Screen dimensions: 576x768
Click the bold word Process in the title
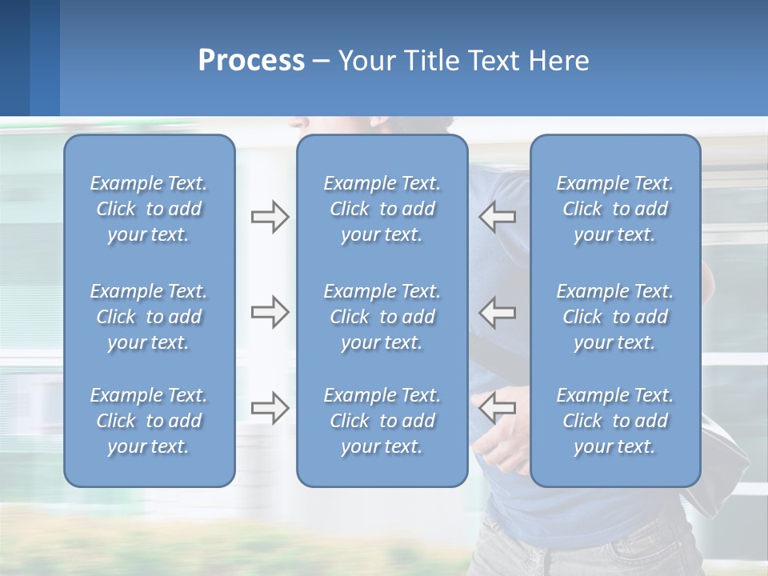coord(251,61)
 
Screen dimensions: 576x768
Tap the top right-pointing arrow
coord(270,217)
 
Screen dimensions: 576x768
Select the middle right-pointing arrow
coord(270,312)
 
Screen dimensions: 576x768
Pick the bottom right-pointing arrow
coord(270,408)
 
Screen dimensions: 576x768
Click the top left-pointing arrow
coord(498,217)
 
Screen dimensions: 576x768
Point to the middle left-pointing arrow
coord(498,312)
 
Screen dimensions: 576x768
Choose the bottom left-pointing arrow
coord(498,408)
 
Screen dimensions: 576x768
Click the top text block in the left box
coord(149,209)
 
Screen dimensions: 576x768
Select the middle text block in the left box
coord(149,317)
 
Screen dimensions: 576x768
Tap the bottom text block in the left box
coord(149,421)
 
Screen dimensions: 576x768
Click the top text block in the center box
coord(382,209)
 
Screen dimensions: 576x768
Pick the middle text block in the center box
coord(382,317)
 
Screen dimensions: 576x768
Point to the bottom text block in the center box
coord(382,421)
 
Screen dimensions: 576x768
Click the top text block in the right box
coord(614,209)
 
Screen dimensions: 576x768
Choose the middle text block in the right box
coord(614,317)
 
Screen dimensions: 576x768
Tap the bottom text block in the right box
coord(614,421)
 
